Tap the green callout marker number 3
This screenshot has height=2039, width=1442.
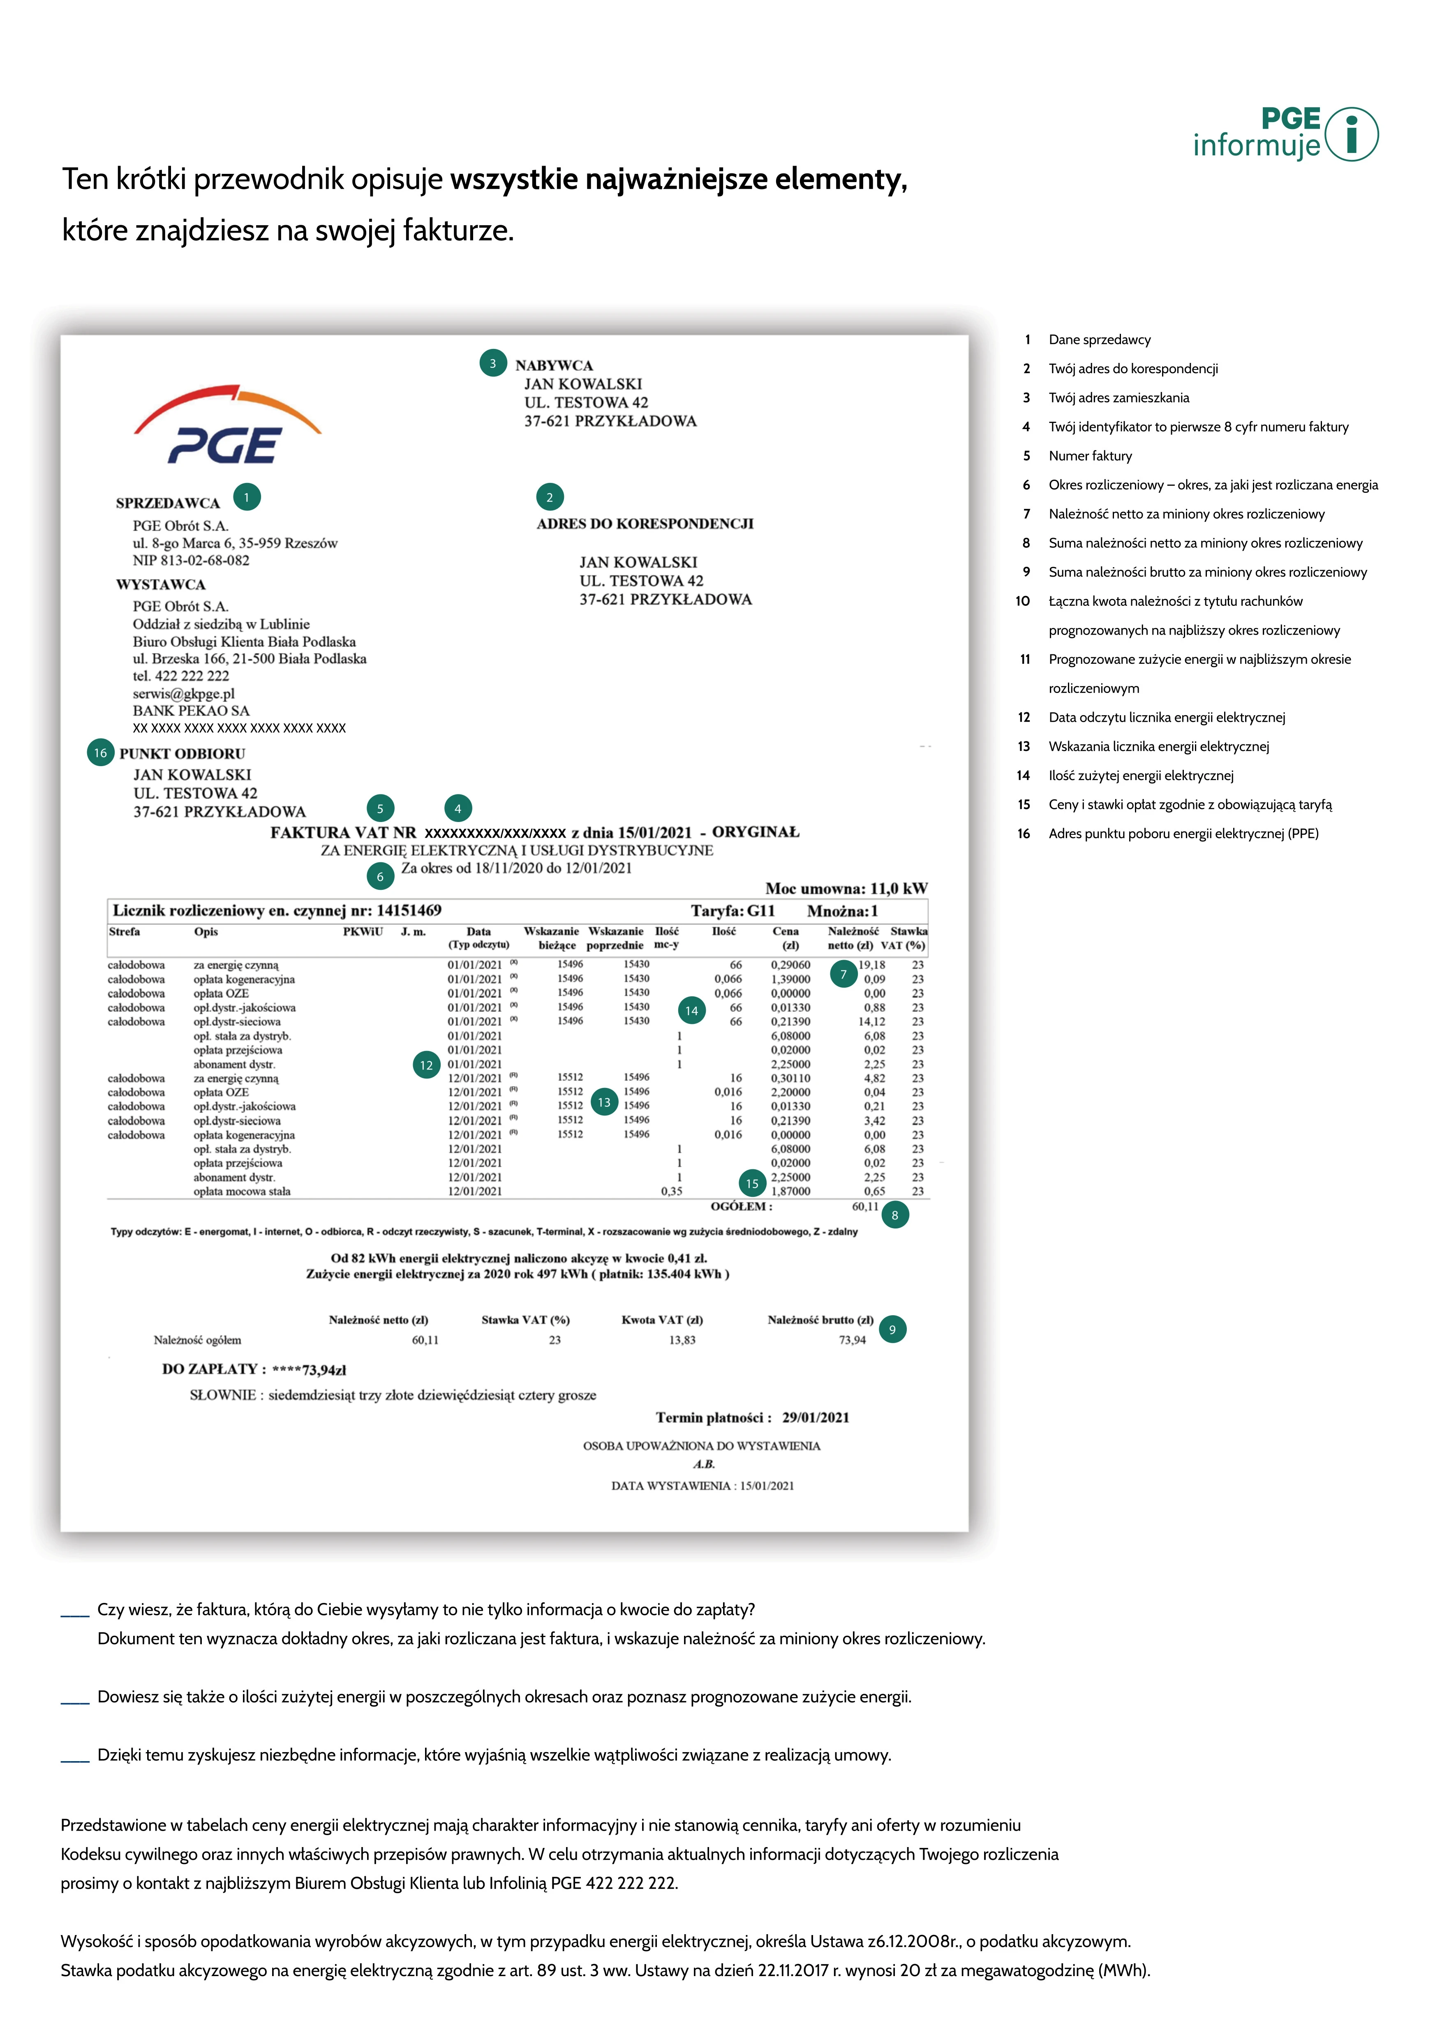493,363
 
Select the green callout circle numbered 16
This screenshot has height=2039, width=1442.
100,753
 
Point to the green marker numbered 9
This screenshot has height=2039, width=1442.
892,1330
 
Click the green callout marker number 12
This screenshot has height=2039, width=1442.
426,1065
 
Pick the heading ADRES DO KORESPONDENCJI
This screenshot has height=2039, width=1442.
645,524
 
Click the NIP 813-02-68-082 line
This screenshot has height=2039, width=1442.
191,560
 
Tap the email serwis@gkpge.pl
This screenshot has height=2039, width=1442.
184,694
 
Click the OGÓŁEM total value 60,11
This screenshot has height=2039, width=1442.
865,1207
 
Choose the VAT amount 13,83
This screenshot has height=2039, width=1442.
682,1340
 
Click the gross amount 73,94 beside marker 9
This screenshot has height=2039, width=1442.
853,1340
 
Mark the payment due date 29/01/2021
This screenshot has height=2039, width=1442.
815,1417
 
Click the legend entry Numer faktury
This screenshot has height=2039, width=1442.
1091,455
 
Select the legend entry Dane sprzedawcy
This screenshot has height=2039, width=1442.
1099,339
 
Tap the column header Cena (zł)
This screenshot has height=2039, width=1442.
786,938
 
